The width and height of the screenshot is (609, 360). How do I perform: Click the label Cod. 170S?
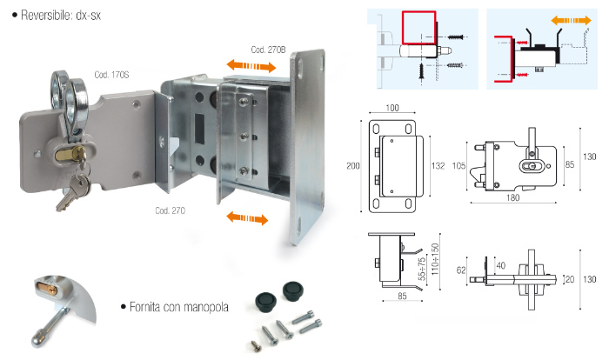coord(110,76)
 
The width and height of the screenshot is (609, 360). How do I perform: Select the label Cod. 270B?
coord(268,49)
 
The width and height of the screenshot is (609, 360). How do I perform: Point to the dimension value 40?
coord(502,265)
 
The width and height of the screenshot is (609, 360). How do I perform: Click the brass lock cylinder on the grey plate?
coord(69,156)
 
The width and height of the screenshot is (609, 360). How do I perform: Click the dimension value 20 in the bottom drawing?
coord(569,280)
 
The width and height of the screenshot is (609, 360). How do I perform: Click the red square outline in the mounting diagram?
coord(419,29)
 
